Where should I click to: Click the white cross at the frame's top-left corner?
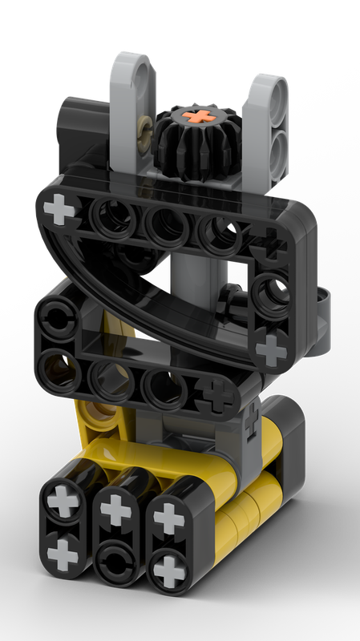pos(58,211)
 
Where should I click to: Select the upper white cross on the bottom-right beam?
pos(168,519)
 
